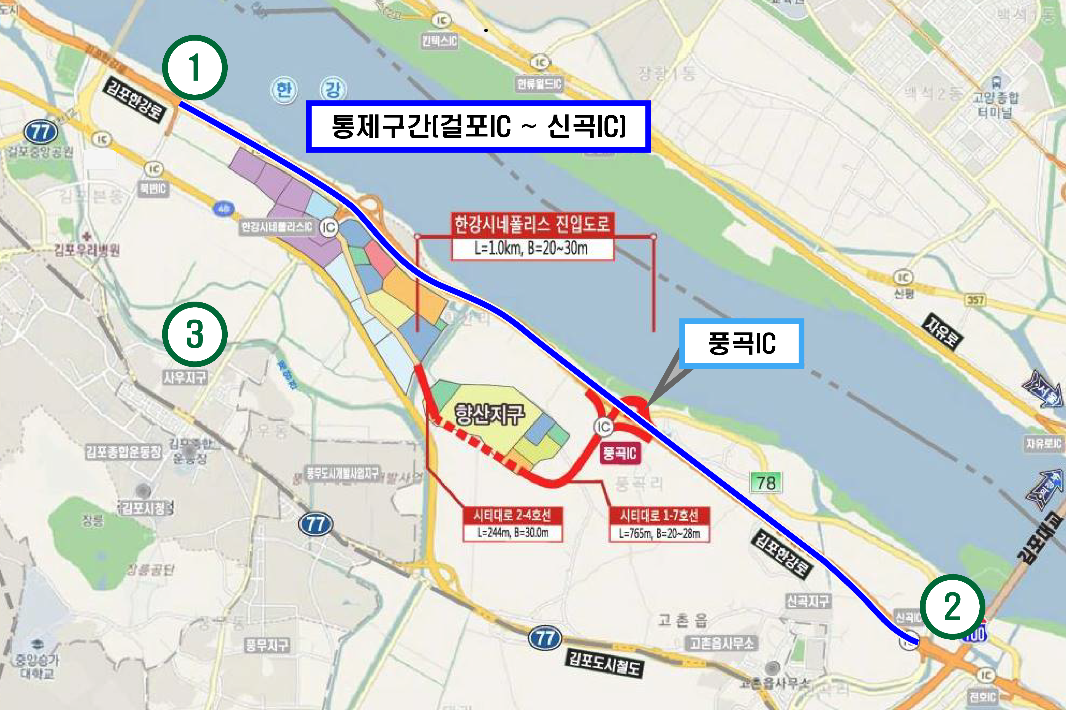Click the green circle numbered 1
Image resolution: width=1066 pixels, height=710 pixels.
click(195, 68)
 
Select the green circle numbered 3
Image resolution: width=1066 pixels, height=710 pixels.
click(195, 334)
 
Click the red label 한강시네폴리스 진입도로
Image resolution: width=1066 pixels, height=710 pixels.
click(532, 224)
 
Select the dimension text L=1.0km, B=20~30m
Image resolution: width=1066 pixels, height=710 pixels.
click(532, 248)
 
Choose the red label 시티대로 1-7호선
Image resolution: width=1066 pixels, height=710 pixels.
click(659, 515)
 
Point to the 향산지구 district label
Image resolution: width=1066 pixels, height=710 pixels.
click(489, 414)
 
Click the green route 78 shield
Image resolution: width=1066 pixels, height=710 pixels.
click(766, 483)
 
